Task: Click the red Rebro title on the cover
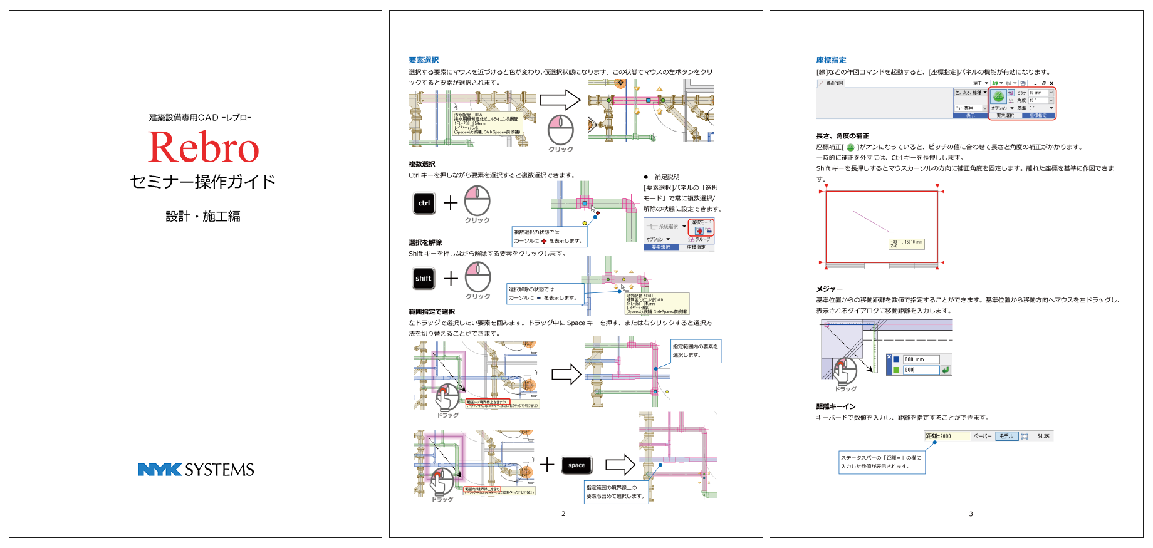203,148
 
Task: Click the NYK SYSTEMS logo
196,470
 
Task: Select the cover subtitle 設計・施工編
203,217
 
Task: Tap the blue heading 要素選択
424,60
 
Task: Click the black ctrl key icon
424,203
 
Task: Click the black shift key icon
424,278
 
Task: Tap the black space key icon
576,465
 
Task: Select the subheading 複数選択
422,164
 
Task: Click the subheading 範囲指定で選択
432,312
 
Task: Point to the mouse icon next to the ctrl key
477,201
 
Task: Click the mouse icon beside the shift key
477,277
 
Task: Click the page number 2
563,514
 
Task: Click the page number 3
971,514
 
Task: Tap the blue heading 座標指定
831,60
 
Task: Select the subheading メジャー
829,289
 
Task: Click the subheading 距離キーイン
835,406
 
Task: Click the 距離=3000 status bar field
939,436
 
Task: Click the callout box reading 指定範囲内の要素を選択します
696,351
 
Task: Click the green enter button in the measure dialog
946,370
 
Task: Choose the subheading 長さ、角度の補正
842,136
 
